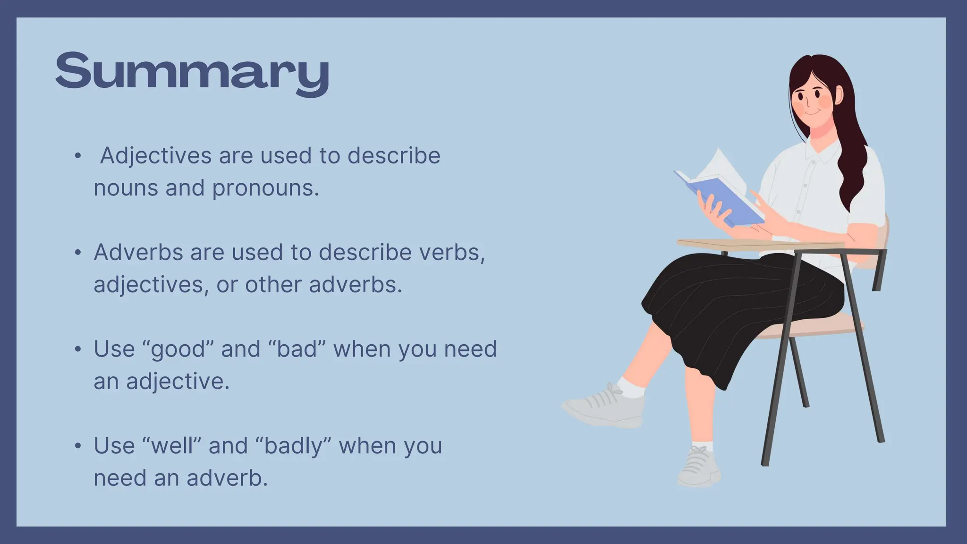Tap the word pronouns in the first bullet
coord(265,188)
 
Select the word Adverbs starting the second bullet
coord(138,252)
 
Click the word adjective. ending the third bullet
coord(178,382)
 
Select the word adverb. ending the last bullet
coord(227,478)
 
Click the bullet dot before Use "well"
coord(78,446)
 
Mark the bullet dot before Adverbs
coord(78,253)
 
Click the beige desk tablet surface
coord(755,244)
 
